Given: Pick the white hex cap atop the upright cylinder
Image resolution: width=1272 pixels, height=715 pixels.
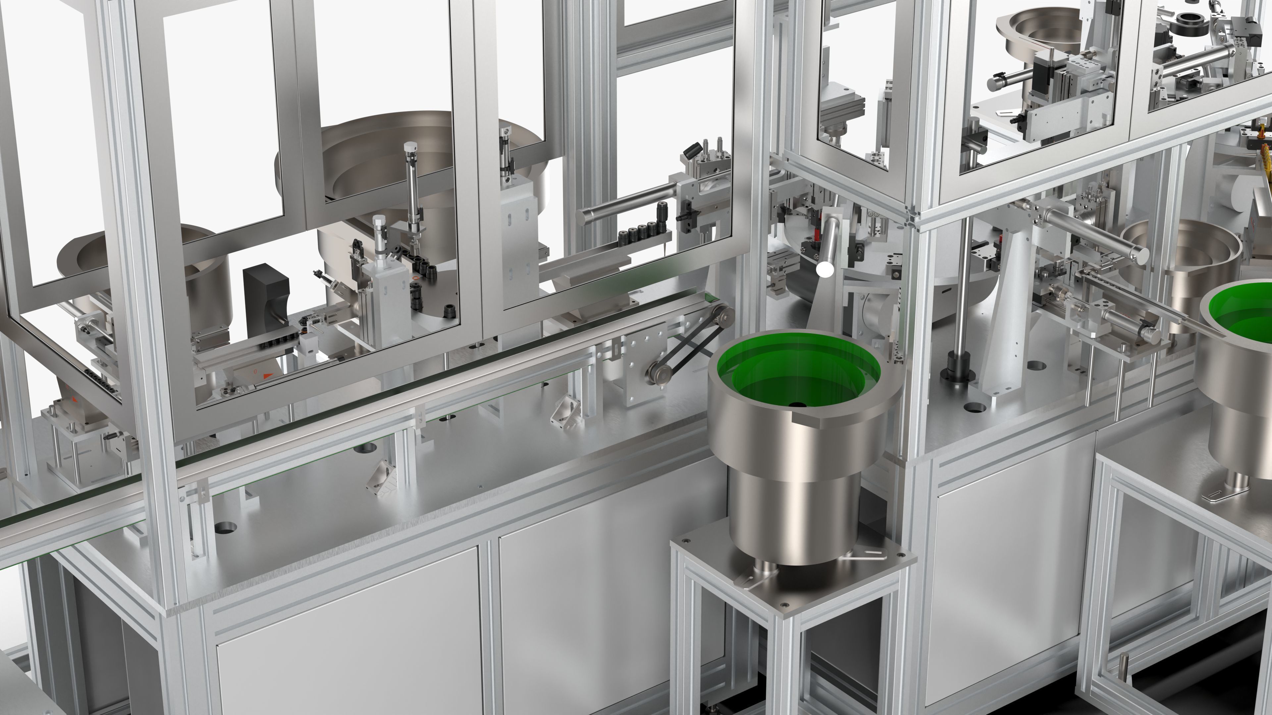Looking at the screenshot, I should (x=410, y=147).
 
